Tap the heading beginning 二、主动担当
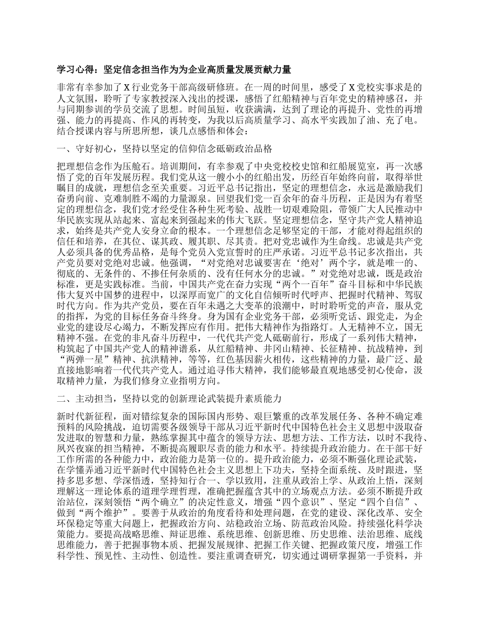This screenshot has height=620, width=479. (169, 399)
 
